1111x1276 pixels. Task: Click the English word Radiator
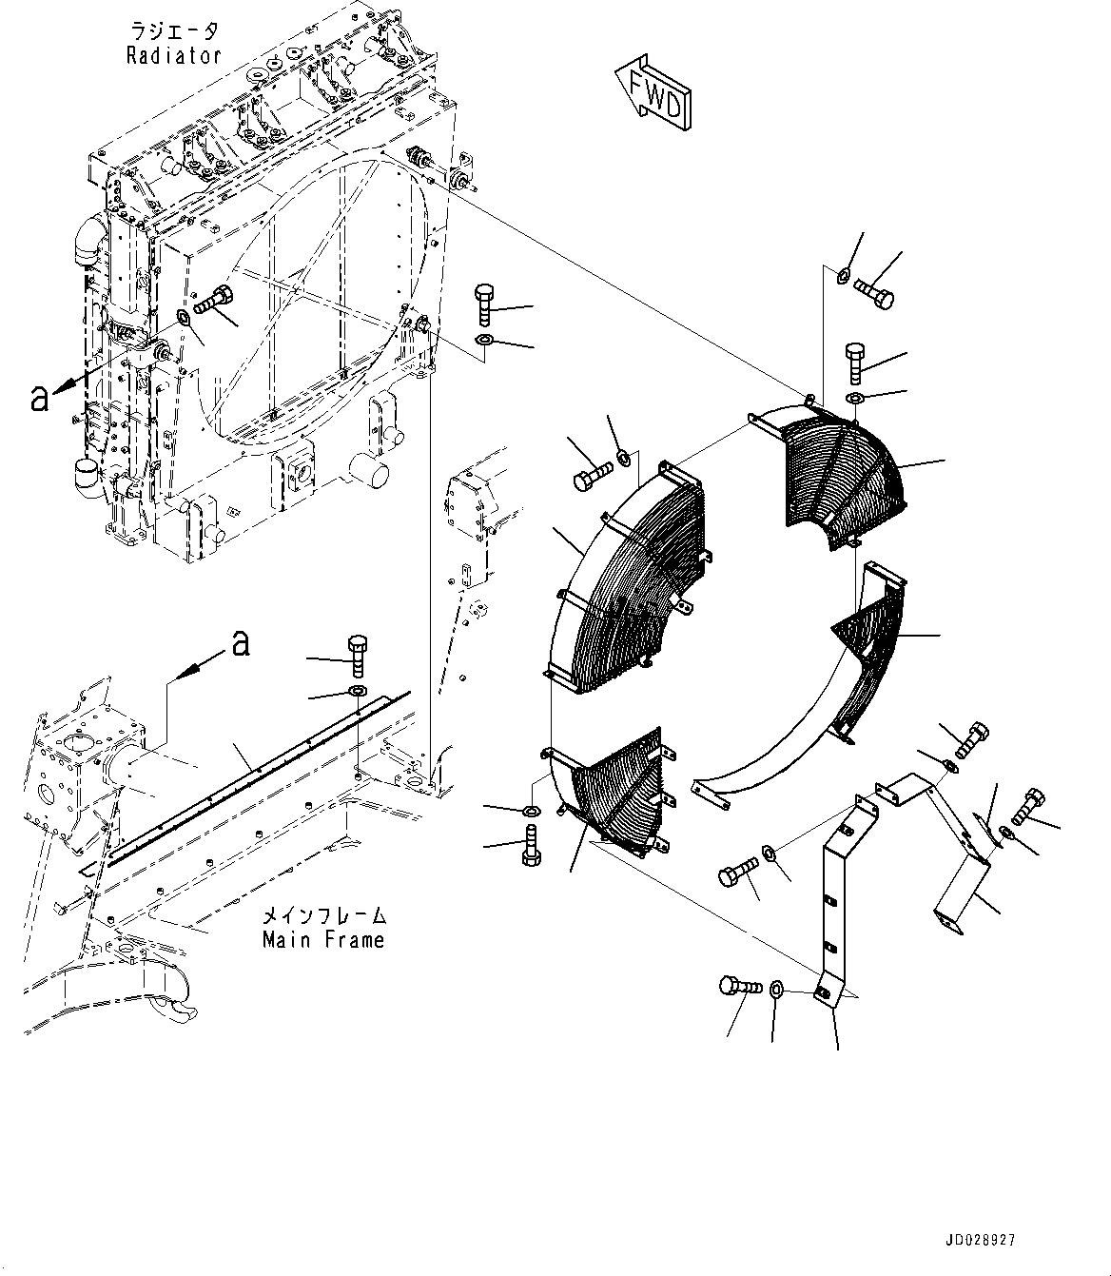point(174,55)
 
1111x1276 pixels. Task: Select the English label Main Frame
point(323,940)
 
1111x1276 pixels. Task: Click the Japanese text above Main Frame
point(323,916)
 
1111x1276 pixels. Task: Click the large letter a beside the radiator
point(38,398)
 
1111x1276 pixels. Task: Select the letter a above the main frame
point(241,645)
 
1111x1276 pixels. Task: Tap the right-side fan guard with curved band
point(856,666)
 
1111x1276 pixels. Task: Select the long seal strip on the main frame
point(257,771)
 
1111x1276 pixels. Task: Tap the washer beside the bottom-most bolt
point(777,991)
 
